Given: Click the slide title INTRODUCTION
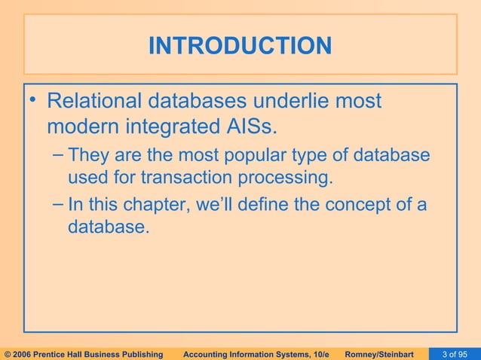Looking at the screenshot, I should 240,46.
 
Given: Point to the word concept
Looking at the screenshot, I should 357,204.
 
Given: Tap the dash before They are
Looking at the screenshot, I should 59,156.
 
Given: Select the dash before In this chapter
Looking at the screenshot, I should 59,204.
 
